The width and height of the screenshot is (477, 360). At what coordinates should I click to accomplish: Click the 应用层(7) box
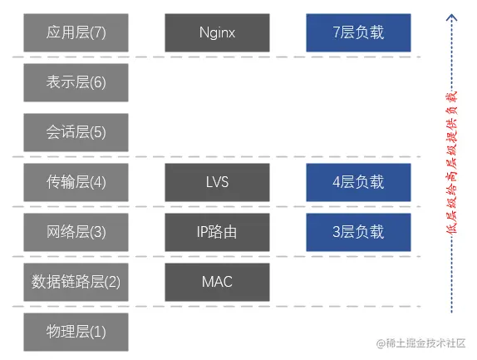click(x=76, y=32)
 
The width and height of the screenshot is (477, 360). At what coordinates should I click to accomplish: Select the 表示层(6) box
click(x=76, y=82)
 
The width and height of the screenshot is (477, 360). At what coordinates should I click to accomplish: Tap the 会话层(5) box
click(x=76, y=132)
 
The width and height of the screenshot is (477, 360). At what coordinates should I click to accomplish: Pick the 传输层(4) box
click(x=76, y=182)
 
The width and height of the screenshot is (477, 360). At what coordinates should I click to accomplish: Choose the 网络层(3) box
click(x=76, y=232)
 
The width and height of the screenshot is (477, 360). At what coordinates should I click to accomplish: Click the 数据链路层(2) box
click(x=76, y=282)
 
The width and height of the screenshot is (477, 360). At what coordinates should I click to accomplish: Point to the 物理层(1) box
click(x=76, y=332)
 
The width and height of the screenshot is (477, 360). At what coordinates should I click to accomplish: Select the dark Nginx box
click(x=217, y=32)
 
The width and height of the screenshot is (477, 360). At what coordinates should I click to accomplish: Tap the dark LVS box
click(x=217, y=182)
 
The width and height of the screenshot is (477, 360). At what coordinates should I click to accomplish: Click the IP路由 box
click(x=217, y=232)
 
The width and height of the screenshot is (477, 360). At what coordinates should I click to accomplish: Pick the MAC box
click(x=217, y=282)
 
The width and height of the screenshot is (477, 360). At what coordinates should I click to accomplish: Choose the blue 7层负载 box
click(x=358, y=32)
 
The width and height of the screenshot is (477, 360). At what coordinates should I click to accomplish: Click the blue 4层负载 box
click(x=358, y=182)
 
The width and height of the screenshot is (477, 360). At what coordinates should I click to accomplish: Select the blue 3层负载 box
click(x=358, y=232)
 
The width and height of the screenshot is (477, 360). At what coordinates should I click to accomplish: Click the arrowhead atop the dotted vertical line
click(x=452, y=17)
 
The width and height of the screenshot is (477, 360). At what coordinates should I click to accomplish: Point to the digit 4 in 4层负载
click(x=337, y=182)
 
